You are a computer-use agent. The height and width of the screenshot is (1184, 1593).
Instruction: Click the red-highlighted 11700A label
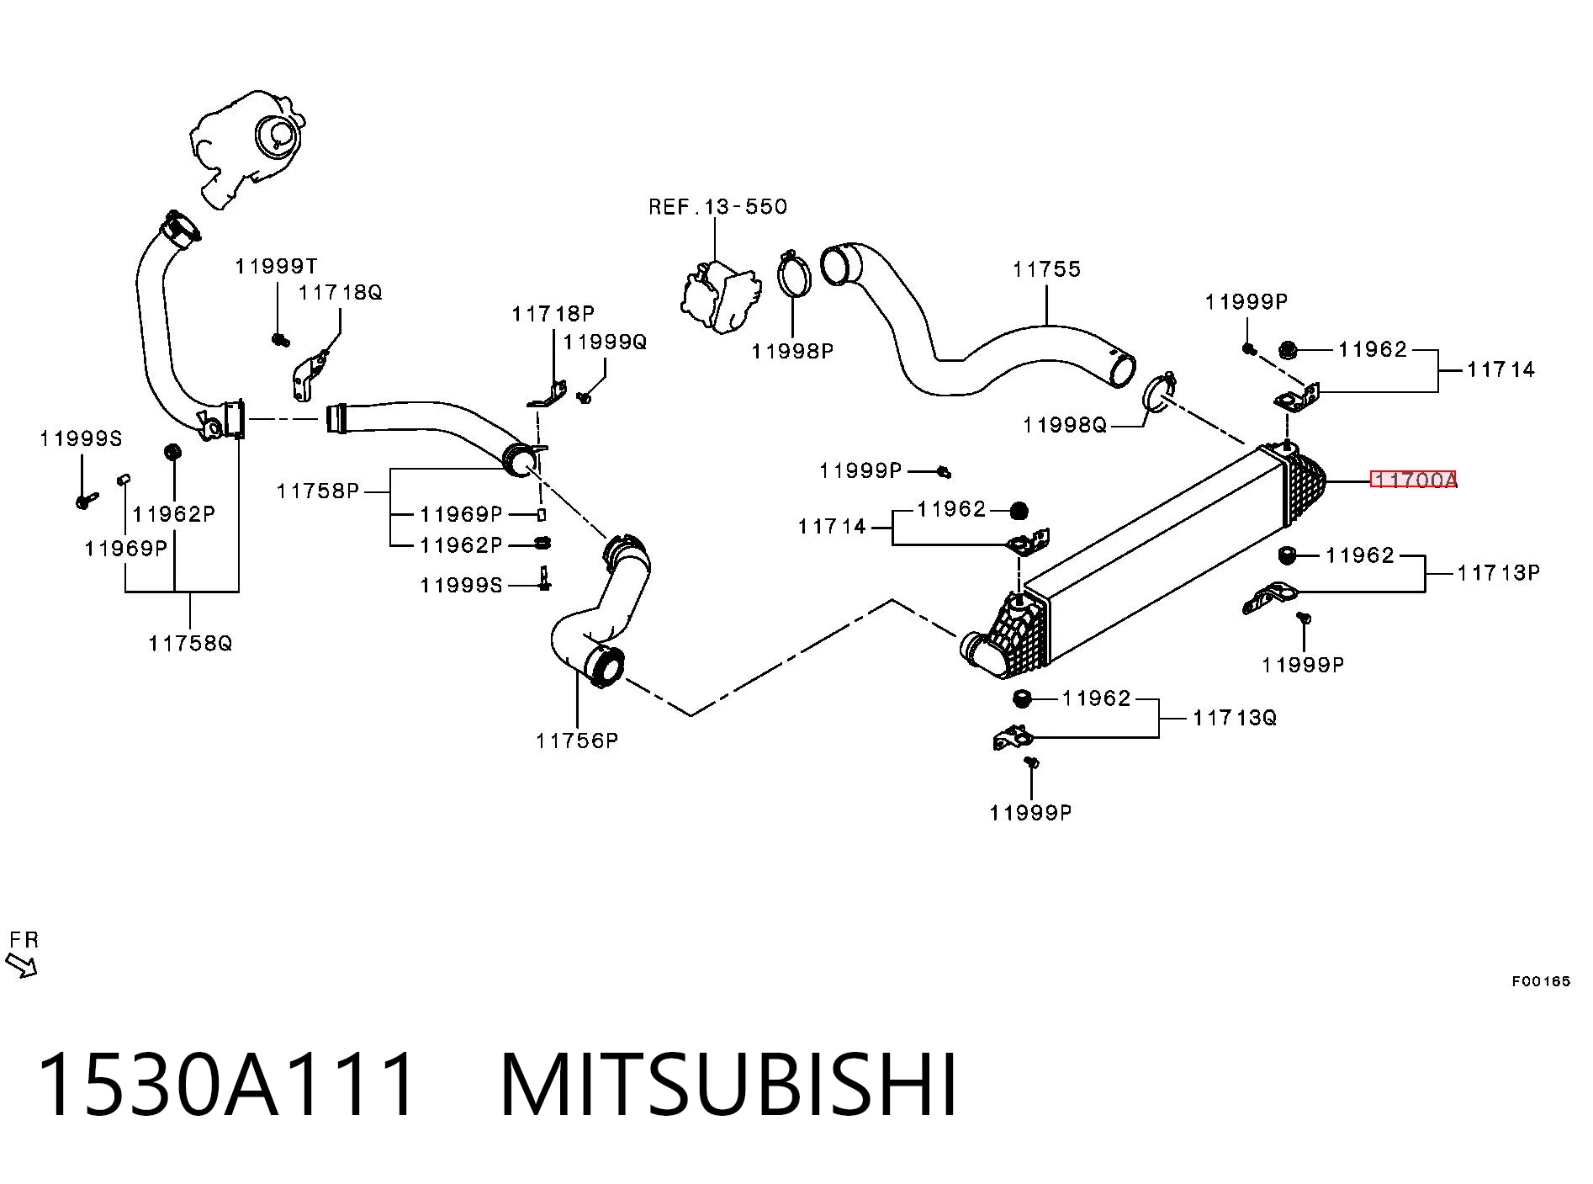pyautogui.click(x=1413, y=480)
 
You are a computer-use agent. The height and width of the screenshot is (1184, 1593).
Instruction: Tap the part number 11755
pyautogui.click(x=1046, y=269)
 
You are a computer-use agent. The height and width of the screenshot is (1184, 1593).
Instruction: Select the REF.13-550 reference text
pyautogui.click(x=717, y=207)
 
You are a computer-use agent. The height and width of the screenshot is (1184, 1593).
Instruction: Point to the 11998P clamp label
pyautogui.click(x=792, y=351)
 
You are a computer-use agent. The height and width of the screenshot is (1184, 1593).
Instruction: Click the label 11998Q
pyautogui.click(x=1065, y=426)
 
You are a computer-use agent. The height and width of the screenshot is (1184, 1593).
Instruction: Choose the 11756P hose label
pyautogui.click(x=577, y=741)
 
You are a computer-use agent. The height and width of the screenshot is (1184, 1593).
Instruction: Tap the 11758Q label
pyautogui.click(x=190, y=644)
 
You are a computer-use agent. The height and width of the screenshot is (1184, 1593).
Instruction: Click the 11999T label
pyautogui.click(x=276, y=267)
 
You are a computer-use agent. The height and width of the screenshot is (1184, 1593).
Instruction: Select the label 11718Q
pyautogui.click(x=341, y=293)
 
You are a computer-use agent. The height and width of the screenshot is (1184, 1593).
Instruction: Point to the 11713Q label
pyautogui.click(x=1235, y=718)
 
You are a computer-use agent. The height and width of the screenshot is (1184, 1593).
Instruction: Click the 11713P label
pyautogui.click(x=1499, y=573)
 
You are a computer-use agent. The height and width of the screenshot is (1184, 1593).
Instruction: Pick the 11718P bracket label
pyautogui.click(x=553, y=314)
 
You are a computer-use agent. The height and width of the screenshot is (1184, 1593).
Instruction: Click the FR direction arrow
pyautogui.click(x=22, y=965)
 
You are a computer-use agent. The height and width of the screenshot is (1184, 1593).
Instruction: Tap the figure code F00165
pyautogui.click(x=1541, y=981)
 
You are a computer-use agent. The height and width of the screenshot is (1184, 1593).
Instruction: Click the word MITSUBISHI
pyautogui.click(x=728, y=1085)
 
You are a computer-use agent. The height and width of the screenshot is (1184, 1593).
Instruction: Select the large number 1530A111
pyautogui.click(x=227, y=1085)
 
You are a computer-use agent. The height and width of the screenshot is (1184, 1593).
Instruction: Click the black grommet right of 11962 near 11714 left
pyautogui.click(x=1019, y=510)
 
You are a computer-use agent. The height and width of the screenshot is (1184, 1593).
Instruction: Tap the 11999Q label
pyautogui.click(x=605, y=342)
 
